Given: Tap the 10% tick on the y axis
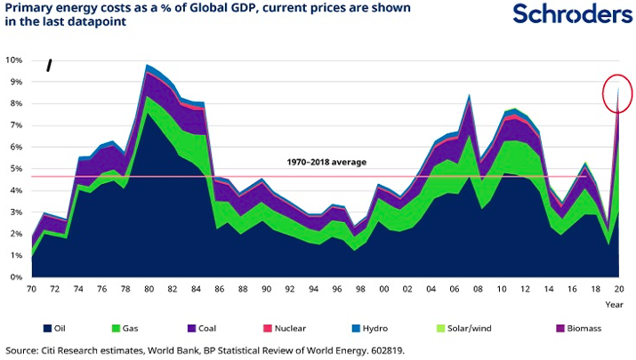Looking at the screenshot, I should point(15,60).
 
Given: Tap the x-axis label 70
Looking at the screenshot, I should point(32,290).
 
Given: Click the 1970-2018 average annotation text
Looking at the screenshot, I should point(326,163).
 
